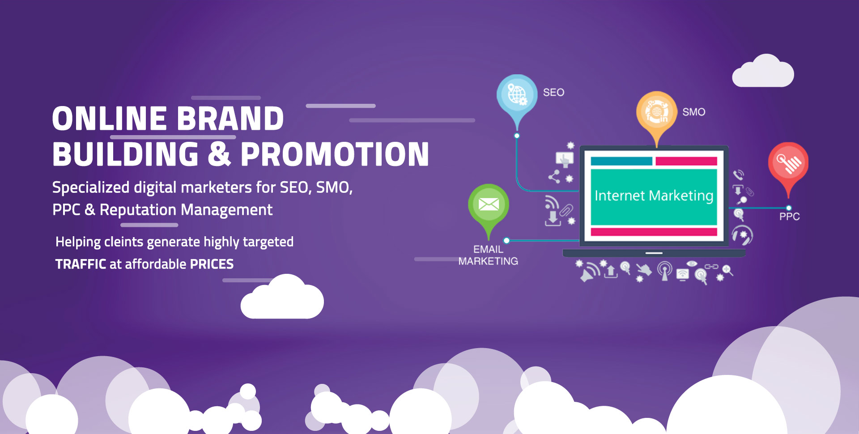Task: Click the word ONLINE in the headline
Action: [x=110, y=119]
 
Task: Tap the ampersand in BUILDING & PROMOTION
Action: [x=219, y=154]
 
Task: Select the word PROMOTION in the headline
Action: [x=335, y=154]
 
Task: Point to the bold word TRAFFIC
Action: [x=81, y=264]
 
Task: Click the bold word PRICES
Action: [x=212, y=264]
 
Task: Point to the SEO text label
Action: [x=553, y=92]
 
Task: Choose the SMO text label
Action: [x=694, y=112]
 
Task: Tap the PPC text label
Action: [x=790, y=217]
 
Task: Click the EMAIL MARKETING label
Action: [x=488, y=255]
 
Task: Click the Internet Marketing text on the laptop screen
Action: [x=654, y=196]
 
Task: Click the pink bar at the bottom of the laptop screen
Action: [x=654, y=232]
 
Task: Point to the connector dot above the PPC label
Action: [x=789, y=208]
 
